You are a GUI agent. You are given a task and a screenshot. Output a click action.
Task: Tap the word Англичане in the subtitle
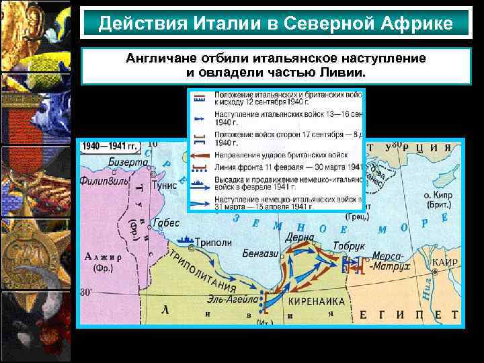pos(156,58)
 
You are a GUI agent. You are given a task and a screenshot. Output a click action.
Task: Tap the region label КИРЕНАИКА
pos(312,301)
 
